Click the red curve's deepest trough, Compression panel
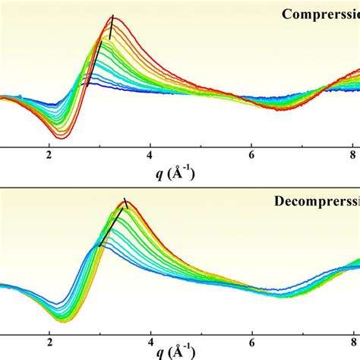(x=63, y=137)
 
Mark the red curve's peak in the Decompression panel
(x=127, y=202)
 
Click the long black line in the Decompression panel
(x=110, y=227)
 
